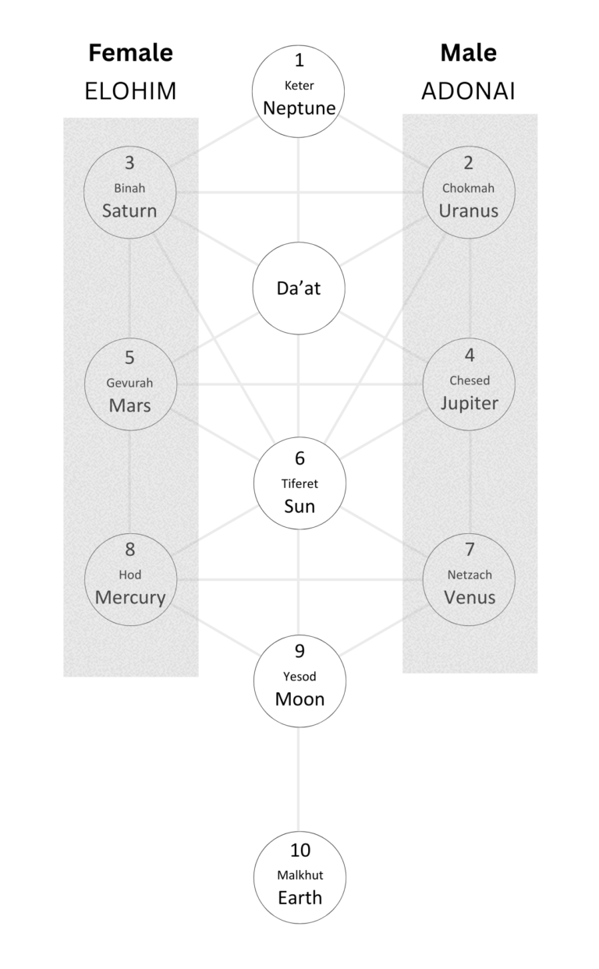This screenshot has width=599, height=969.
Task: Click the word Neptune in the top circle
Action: (299, 108)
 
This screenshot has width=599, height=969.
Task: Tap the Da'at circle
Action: (299, 288)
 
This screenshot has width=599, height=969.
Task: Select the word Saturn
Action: (129, 210)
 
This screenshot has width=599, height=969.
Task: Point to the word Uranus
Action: (469, 210)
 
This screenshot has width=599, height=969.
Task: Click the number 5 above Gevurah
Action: (129, 358)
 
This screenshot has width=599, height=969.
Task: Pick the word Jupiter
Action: (469, 403)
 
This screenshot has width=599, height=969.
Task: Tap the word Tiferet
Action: (299, 483)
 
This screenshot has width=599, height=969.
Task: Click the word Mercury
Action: (130, 598)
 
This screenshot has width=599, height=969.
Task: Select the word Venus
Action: (469, 598)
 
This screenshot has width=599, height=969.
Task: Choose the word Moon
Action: (299, 698)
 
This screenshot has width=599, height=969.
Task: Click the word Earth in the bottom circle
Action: (299, 897)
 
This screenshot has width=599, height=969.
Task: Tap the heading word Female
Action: (130, 53)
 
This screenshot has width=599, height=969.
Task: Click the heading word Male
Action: (468, 53)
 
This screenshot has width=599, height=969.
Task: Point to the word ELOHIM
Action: (130, 92)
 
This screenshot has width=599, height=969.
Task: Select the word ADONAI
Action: (468, 92)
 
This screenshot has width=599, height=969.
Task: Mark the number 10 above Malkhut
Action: (299, 852)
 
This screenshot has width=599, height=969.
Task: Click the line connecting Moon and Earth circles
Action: (299, 780)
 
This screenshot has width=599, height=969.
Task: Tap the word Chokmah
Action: (469, 188)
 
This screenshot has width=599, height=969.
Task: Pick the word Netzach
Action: (469, 575)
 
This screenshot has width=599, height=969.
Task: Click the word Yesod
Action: (299, 676)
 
